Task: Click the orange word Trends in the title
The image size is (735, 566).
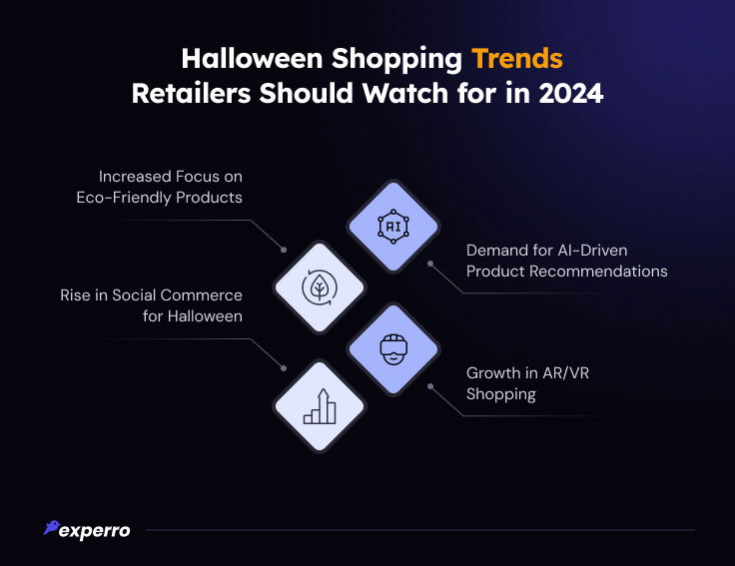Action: pos(517,59)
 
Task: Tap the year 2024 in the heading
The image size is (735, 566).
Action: pos(571,93)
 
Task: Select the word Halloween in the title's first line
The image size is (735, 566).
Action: pos(253,59)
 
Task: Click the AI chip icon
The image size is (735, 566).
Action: pos(393,227)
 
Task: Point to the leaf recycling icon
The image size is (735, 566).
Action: pos(320,287)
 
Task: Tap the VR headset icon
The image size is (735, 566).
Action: pos(393,349)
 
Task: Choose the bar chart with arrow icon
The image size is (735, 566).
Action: pos(320,406)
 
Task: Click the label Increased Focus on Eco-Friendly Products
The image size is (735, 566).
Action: pos(160,187)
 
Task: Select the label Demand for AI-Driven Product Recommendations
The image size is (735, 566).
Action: pos(566,261)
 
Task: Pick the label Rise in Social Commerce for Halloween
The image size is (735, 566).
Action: pos(152,305)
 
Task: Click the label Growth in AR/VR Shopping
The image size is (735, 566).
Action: pos(528,383)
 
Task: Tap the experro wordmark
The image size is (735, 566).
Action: pos(94,531)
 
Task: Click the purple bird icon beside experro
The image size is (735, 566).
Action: pos(51,527)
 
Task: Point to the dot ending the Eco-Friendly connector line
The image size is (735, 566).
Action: pos(284,250)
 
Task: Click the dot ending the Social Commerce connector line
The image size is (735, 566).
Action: pos(284,368)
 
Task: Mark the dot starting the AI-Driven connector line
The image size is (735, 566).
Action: pos(429,264)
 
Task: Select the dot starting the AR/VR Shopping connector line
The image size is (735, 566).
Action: pos(429,386)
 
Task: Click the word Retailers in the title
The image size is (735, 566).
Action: pos(192,93)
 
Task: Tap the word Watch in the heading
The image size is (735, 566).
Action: pos(405,93)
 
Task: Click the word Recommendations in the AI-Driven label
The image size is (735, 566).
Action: pos(598,272)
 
